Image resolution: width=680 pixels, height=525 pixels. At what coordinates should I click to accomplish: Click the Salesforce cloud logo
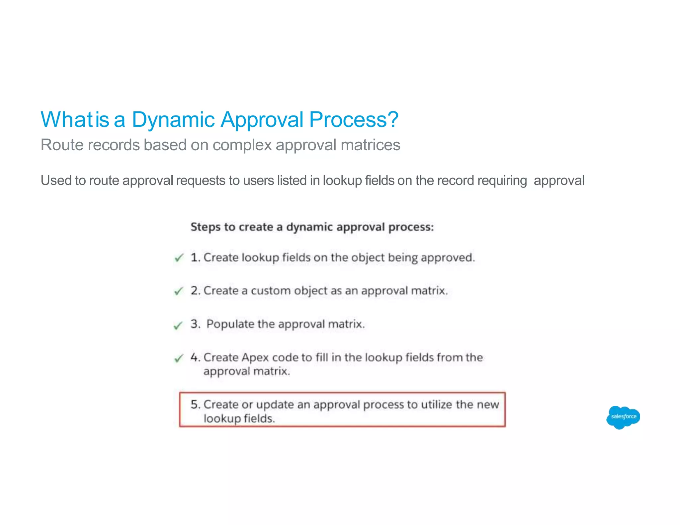[x=623, y=417]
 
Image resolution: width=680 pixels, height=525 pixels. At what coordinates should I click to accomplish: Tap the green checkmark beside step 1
[x=179, y=258]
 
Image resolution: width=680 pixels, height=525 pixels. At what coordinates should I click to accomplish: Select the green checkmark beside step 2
[x=179, y=291]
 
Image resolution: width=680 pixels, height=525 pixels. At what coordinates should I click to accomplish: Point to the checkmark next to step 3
[x=178, y=325]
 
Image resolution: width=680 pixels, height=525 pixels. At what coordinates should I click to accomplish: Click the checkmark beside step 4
[x=179, y=358]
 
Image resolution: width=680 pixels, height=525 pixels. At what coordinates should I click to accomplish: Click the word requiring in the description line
[x=502, y=181]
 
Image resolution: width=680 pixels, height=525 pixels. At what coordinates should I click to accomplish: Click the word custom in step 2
[x=271, y=291]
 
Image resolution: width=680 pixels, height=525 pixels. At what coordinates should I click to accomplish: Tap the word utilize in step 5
[x=437, y=405]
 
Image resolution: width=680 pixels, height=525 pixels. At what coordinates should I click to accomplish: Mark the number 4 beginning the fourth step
[x=194, y=357]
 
